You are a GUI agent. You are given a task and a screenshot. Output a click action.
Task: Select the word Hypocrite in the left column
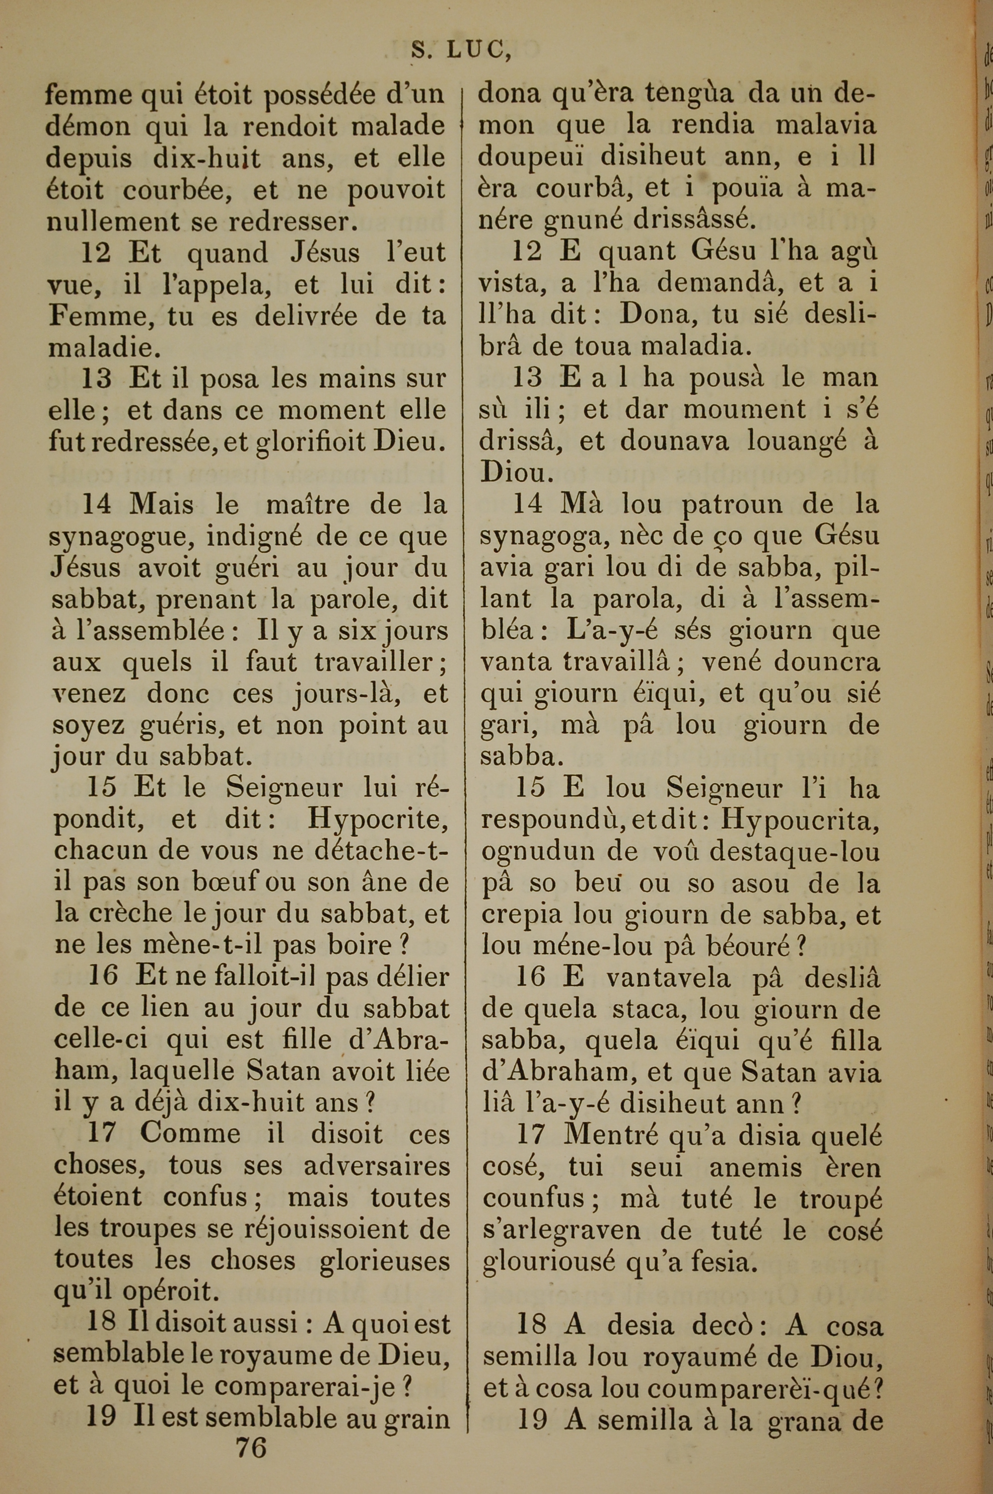click(x=378, y=819)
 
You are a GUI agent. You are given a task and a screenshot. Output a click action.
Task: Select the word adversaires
click(x=377, y=1166)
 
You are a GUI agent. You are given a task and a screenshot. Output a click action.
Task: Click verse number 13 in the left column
click(x=96, y=378)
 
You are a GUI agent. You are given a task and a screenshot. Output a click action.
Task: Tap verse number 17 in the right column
click(x=531, y=1134)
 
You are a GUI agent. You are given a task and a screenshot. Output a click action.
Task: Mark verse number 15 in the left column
click(x=102, y=787)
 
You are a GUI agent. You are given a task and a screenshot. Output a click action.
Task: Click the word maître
click(x=307, y=505)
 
